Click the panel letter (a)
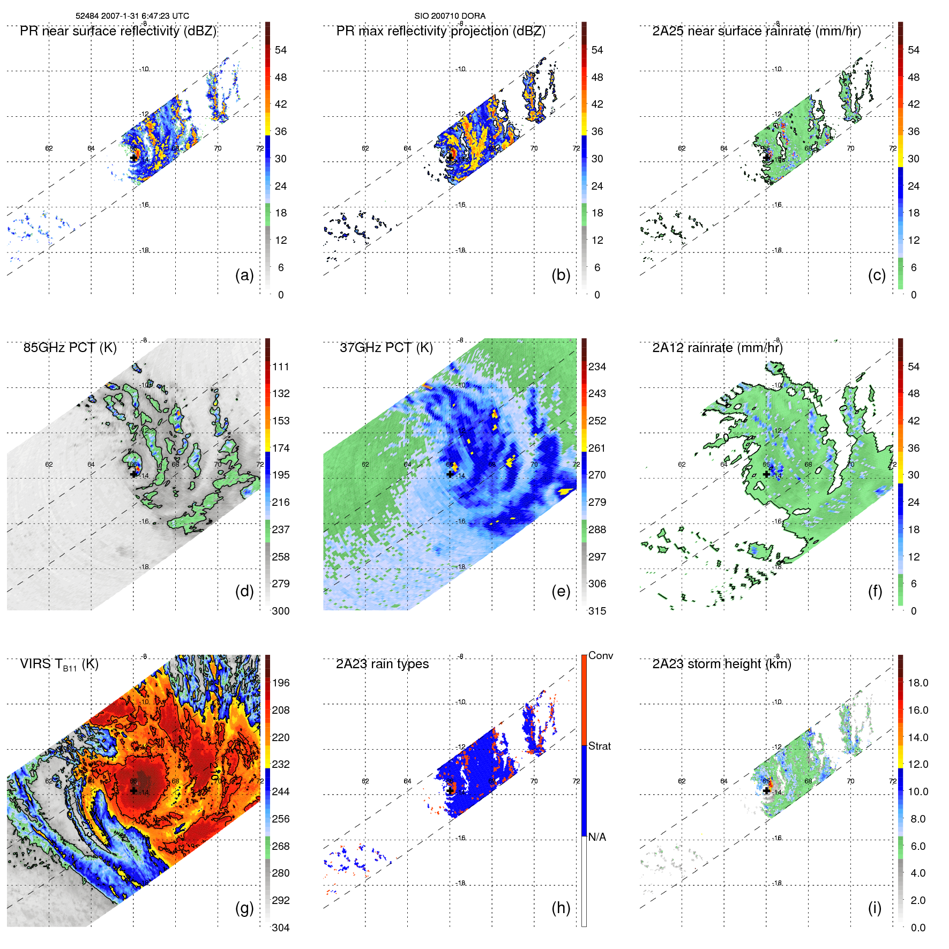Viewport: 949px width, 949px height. point(244,275)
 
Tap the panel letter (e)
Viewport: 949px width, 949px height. point(561,592)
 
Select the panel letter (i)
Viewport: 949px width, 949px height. point(875,908)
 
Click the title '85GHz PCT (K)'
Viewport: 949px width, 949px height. point(70,348)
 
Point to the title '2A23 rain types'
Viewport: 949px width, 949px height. point(382,664)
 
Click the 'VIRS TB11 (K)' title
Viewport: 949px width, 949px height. point(59,664)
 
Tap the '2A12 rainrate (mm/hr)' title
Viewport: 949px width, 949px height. point(718,348)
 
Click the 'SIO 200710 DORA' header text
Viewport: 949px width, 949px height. point(450,16)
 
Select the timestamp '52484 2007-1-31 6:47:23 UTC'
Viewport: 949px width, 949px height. point(132,16)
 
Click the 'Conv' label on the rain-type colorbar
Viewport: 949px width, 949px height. point(601,655)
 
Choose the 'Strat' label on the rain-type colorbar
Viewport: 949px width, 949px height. point(600,746)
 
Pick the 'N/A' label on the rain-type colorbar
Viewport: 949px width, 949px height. point(597,837)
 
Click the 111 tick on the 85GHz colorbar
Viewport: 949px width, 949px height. point(281,367)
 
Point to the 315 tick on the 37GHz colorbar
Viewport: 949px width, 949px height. point(597,611)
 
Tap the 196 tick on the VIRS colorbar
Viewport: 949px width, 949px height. point(281,683)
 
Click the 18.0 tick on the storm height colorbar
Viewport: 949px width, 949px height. point(918,683)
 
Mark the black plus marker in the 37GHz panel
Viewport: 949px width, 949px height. point(450,474)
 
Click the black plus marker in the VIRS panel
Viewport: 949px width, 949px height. point(133,790)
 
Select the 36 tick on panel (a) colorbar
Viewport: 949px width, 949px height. point(281,131)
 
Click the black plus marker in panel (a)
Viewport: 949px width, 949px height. point(133,158)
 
